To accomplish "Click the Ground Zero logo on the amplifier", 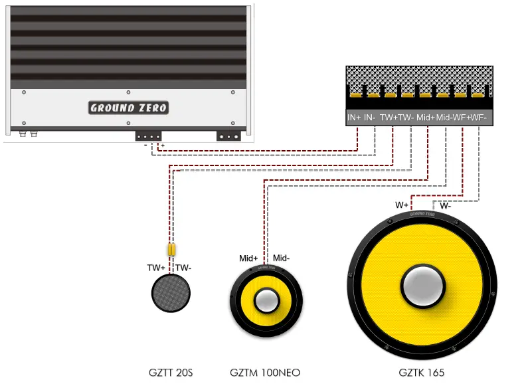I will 129,108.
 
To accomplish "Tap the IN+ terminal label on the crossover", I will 355,118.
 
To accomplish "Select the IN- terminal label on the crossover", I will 371,118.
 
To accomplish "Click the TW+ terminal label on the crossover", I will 389,118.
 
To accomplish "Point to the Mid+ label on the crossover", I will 426,118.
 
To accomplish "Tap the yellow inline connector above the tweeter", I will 171,250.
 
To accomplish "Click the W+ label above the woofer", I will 402,205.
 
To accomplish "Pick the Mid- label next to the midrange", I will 282,258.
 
